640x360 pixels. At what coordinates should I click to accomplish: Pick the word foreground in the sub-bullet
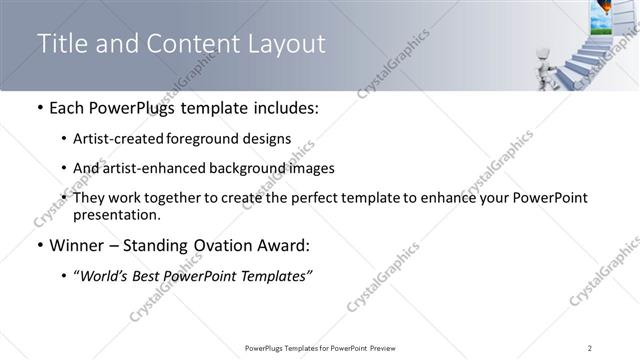(204, 139)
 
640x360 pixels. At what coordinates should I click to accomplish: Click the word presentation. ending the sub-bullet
(115, 214)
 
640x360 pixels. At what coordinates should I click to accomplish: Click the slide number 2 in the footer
(589, 348)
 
